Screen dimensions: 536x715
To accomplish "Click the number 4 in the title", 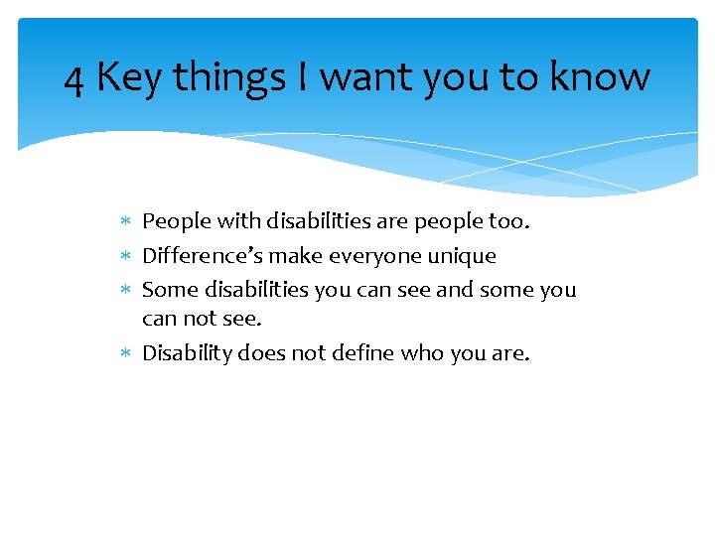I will (x=73, y=78).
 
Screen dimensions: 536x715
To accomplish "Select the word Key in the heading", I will (x=129, y=78).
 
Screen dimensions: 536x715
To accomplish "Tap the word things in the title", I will (x=227, y=78).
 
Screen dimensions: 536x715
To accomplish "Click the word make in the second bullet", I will (x=296, y=256).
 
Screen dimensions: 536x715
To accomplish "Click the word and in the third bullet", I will (x=455, y=290).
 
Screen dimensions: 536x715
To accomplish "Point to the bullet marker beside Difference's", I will (x=124, y=256).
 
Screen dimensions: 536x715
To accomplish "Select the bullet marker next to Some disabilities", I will (x=124, y=290).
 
